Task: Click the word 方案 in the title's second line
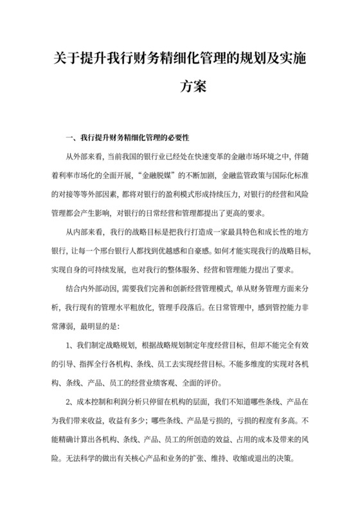[194, 86]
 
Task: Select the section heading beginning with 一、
[127, 138]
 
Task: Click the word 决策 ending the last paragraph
[287, 459]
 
